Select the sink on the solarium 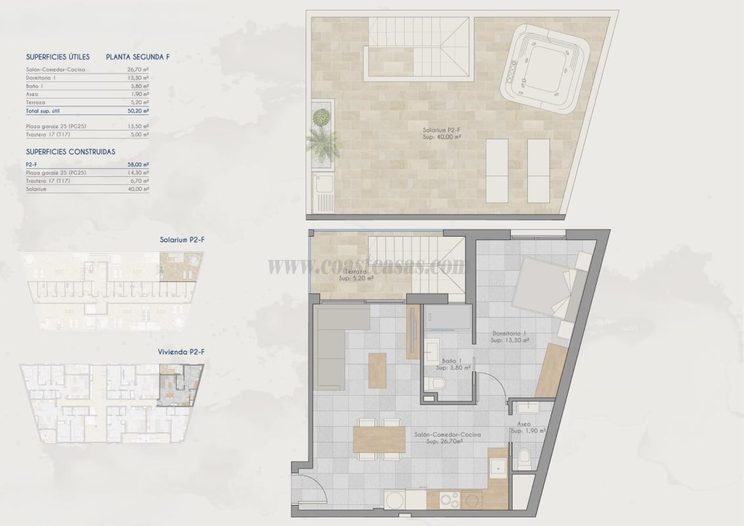[x=325, y=192]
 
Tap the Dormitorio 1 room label [x=511, y=337]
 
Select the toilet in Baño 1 [x=439, y=383]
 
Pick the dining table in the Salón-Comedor [x=379, y=439]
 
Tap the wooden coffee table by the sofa [x=377, y=370]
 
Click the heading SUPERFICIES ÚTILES [x=58, y=57]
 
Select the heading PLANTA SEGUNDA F [x=137, y=57]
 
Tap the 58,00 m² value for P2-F [x=138, y=164]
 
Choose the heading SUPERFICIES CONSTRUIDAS [x=70, y=151]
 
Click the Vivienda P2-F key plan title [x=181, y=352]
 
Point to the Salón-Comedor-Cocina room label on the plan [x=447, y=438]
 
